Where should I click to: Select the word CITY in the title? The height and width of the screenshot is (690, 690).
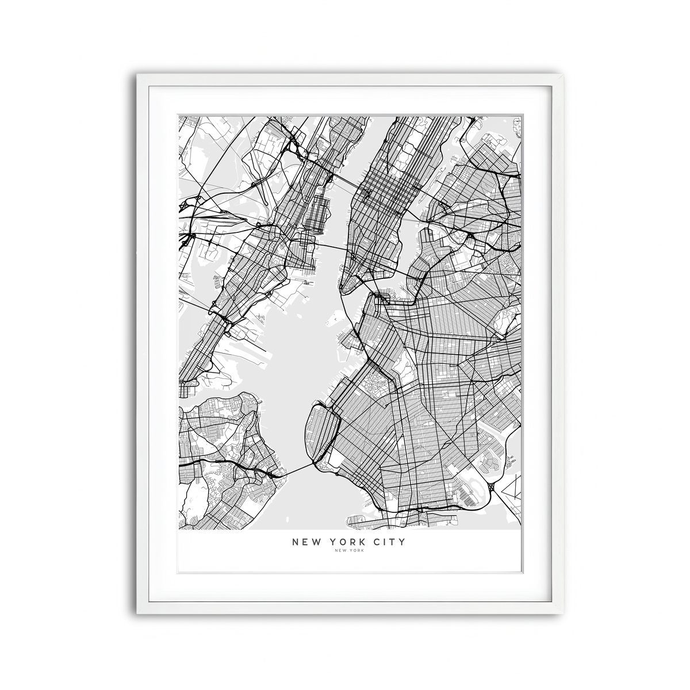389,542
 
